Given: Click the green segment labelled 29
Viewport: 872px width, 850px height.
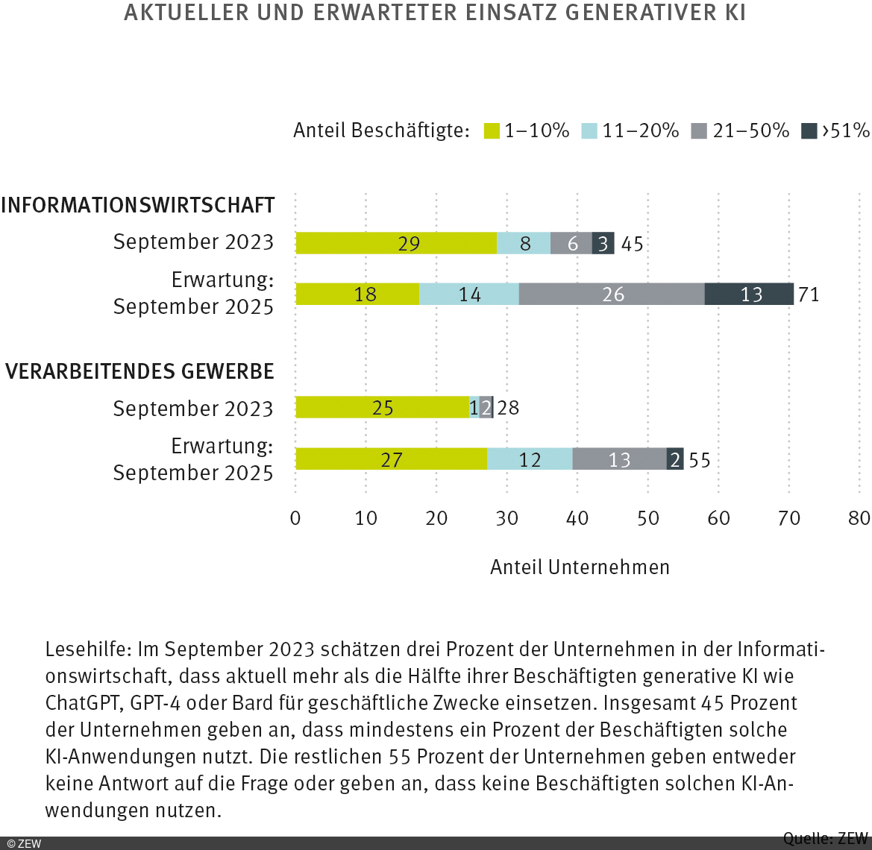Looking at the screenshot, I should coord(396,243).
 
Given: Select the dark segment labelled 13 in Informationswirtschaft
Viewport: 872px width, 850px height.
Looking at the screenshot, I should coord(749,295).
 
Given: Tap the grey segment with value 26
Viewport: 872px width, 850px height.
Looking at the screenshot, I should coord(612,295).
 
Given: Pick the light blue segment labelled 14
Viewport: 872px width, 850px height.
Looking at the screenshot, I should coord(469,295).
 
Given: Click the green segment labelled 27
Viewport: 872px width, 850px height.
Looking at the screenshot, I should coord(391,459).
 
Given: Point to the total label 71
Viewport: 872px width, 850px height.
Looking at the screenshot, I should coord(809,295).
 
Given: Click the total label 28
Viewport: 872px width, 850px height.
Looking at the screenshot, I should coord(508,408).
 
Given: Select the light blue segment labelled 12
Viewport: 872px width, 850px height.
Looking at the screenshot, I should coord(530,459).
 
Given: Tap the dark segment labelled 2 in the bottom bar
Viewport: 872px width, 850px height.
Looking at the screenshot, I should coord(675,459).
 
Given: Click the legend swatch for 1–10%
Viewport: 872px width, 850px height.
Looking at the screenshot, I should coord(492,131).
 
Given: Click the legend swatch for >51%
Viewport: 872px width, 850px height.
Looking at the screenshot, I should coord(809,131).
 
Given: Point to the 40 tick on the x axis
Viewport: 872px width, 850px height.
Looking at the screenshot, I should coord(577,518).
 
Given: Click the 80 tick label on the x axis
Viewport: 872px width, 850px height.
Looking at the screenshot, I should coord(859,518).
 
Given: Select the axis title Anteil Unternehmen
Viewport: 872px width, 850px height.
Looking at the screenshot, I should coord(580,567).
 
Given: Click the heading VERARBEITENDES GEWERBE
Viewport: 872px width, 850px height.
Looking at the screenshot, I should coord(139,371).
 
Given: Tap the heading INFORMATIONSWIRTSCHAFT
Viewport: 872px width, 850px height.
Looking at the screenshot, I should coord(138,205).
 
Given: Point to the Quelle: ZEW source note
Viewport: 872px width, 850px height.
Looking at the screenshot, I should coord(825,838).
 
